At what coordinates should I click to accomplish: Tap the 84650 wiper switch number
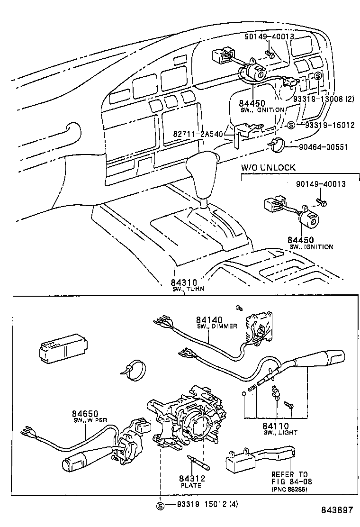[84, 414]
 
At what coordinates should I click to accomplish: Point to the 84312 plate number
[190, 479]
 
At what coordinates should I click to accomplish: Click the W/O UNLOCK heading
[268, 167]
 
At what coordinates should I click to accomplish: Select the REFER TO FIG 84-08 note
[289, 478]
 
